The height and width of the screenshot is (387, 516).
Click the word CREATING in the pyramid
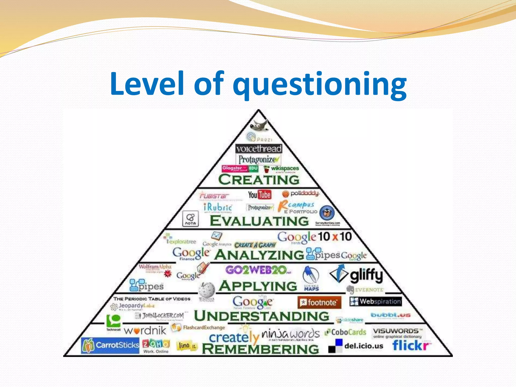[259, 180]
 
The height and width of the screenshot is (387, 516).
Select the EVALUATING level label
[259, 221]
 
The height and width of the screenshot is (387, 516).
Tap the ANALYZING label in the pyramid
[259, 255]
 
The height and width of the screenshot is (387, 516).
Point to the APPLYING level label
[258, 286]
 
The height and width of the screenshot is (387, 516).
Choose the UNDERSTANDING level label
[262, 316]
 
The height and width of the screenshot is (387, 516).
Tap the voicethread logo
[259, 149]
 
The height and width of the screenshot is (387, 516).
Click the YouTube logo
[260, 195]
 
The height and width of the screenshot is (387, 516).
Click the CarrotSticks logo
[110, 345]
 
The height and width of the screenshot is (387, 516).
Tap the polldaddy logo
[301, 193]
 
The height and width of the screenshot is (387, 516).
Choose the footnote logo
[319, 302]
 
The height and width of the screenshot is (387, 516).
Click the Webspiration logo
[375, 301]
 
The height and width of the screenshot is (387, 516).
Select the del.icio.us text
[364, 346]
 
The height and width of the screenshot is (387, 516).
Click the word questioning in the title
[319, 84]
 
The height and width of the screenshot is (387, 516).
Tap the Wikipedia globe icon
[207, 289]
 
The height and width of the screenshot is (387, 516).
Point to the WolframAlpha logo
[155, 267]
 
